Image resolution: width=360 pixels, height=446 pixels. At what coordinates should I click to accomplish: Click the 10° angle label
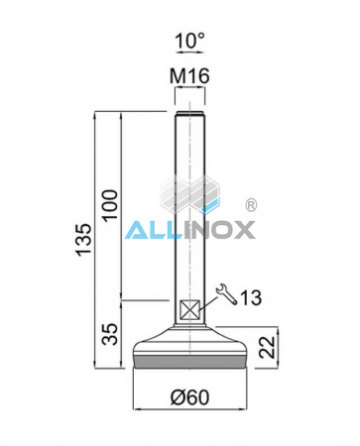pyautogui.click(x=189, y=42)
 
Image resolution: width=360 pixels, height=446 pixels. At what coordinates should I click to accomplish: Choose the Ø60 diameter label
pyautogui.click(x=190, y=398)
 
